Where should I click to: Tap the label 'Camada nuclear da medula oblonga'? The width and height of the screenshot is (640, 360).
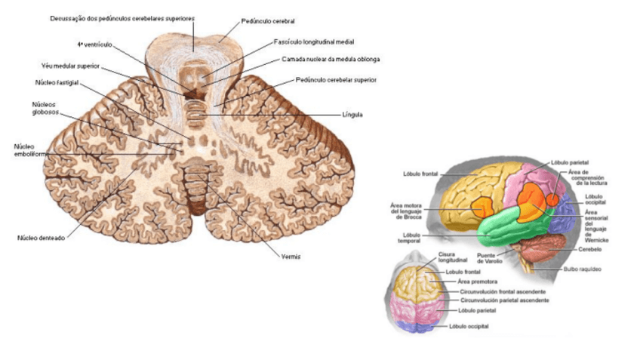331,59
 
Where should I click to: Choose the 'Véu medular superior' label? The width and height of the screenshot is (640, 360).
71,66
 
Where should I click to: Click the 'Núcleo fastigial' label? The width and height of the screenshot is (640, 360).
57,82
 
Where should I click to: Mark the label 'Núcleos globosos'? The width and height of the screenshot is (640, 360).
45,109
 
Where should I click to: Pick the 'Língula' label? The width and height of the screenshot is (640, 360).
352,115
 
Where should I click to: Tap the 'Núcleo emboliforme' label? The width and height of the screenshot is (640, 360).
29,149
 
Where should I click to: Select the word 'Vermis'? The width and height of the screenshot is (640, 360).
291,257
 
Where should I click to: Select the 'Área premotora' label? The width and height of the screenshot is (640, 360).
473,281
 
